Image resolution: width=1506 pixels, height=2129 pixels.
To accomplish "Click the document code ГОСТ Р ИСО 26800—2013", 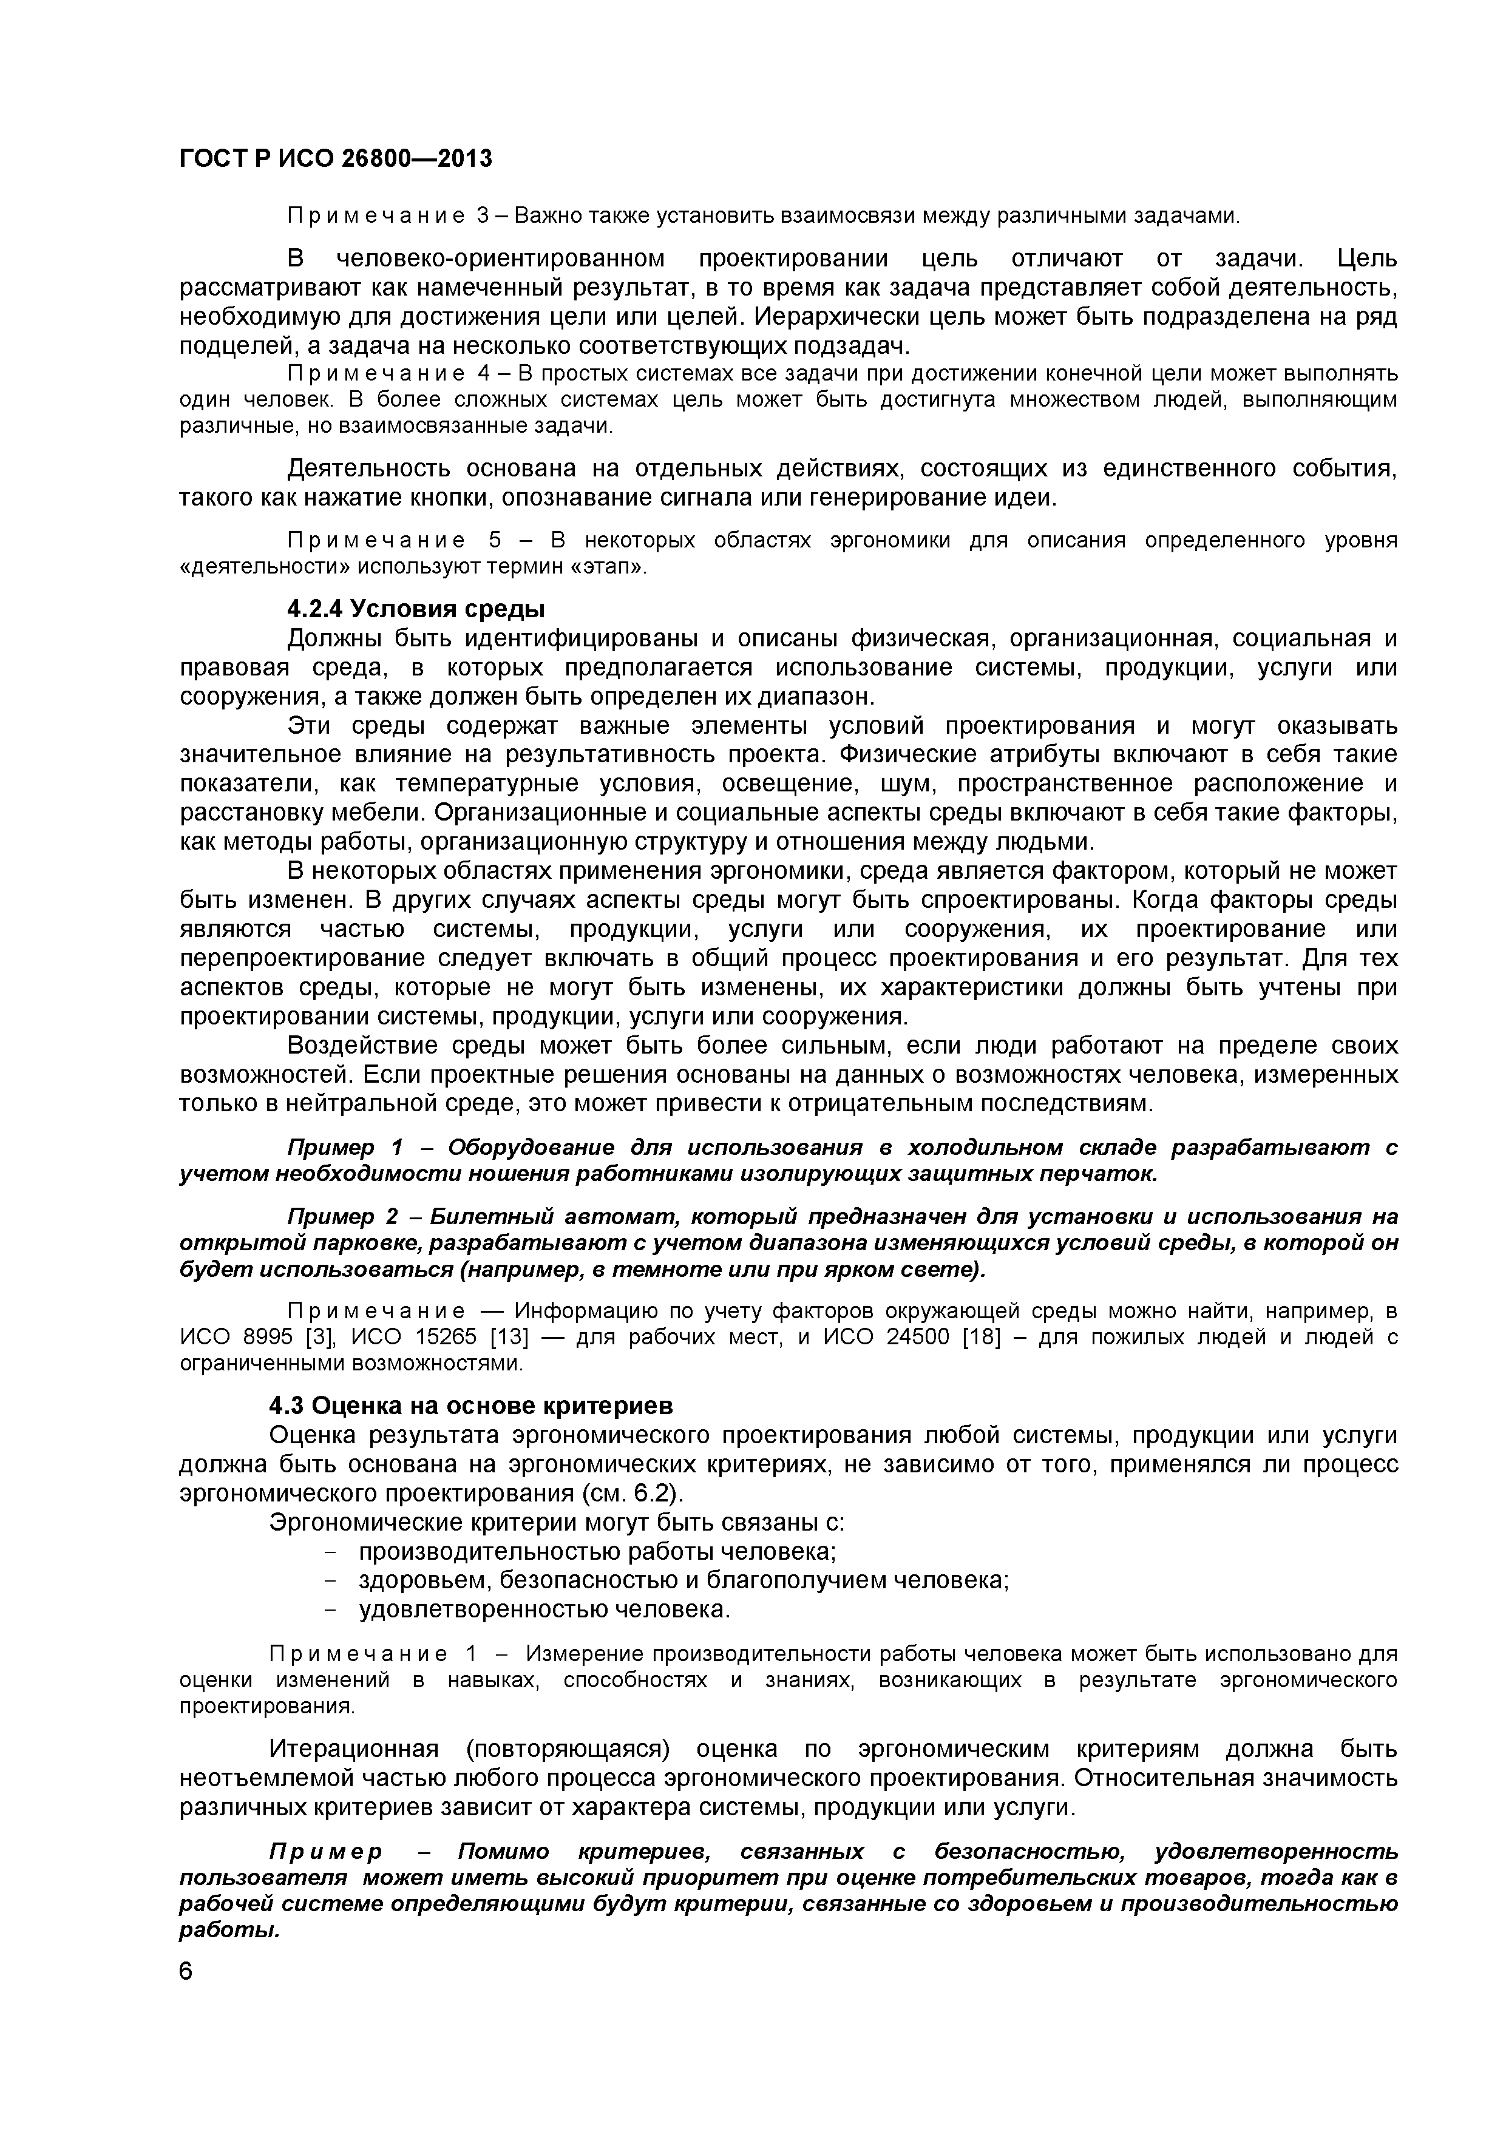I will (x=335, y=160).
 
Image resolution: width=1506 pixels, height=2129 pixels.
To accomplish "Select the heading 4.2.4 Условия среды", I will (x=415, y=609).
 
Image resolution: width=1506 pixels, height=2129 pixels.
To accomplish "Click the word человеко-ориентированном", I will (x=500, y=258).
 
